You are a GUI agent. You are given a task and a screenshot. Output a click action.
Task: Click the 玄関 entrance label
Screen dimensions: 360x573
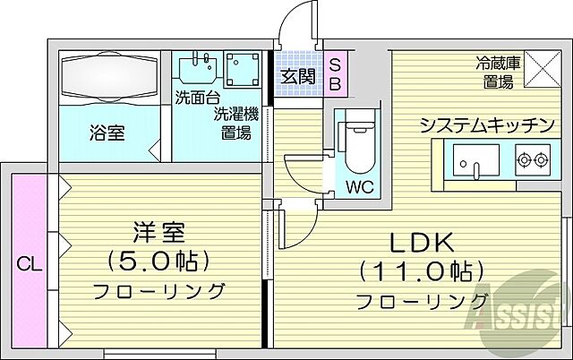click(x=296, y=76)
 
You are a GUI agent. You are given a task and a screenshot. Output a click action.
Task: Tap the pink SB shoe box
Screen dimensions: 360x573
click(x=334, y=76)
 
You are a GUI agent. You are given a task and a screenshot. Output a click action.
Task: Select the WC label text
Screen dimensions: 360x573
click(x=360, y=189)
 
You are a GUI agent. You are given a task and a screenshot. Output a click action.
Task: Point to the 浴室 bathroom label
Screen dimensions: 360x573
click(x=106, y=133)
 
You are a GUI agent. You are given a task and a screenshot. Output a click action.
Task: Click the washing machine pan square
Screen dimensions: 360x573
click(x=242, y=72)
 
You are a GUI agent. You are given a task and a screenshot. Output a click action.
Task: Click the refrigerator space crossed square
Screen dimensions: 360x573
click(x=540, y=69)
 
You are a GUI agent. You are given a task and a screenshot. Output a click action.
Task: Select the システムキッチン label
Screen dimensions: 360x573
click(x=487, y=125)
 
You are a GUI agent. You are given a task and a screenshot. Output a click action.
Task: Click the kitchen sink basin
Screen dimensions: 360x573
click(x=475, y=161)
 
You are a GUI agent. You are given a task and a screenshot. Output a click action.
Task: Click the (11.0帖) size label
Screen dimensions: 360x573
click(x=421, y=270)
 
